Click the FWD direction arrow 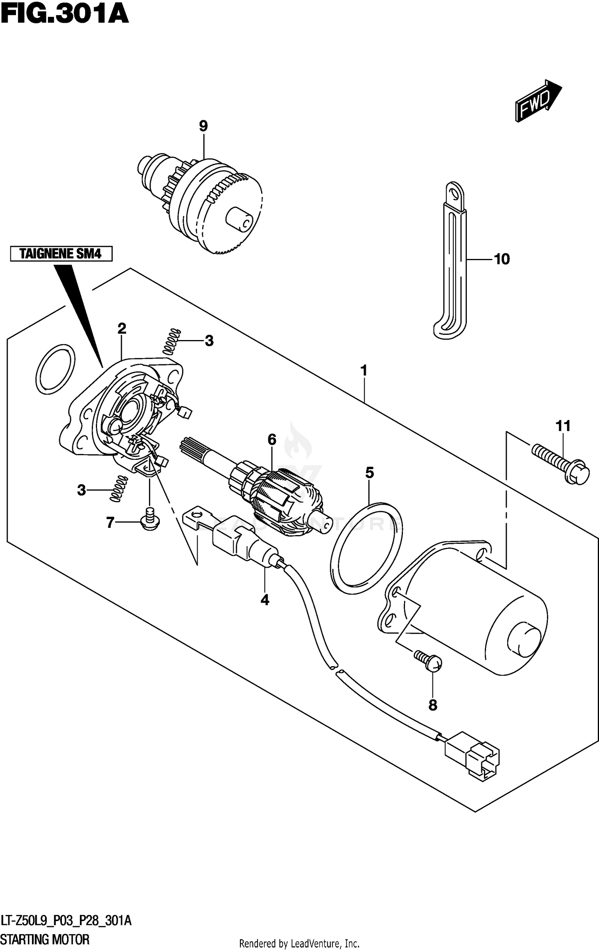(x=538, y=101)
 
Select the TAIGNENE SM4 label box (x=61, y=254)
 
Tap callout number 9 (x=203, y=126)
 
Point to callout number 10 (x=502, y=259)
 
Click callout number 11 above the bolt (x=563, y=426)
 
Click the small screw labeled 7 (x=150, y=520)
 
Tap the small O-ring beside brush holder (x=55, y=369)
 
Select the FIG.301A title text (x=64, y=14)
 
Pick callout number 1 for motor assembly (x=364, y=371)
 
